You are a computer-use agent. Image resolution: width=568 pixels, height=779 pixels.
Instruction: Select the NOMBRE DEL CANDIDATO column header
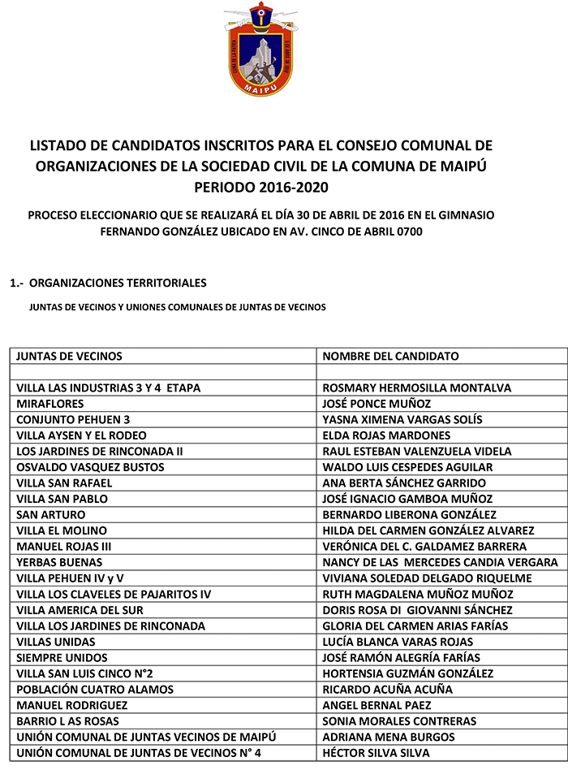390,356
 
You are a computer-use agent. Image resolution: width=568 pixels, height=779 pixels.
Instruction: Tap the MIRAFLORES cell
50,404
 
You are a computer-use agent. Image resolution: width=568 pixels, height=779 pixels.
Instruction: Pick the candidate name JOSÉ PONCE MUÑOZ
377,404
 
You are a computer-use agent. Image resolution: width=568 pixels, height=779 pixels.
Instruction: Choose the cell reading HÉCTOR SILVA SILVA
376,753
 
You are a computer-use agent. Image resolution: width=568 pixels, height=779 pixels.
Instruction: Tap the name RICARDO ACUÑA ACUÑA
388,690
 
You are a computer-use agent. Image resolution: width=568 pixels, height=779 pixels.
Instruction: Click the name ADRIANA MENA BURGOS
389,737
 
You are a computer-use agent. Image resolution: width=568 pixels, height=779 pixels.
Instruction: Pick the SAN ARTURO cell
50,515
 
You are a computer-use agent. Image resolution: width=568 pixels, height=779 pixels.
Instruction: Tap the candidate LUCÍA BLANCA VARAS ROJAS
398,642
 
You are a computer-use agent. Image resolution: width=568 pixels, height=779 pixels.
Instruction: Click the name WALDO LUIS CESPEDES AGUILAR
407,467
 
